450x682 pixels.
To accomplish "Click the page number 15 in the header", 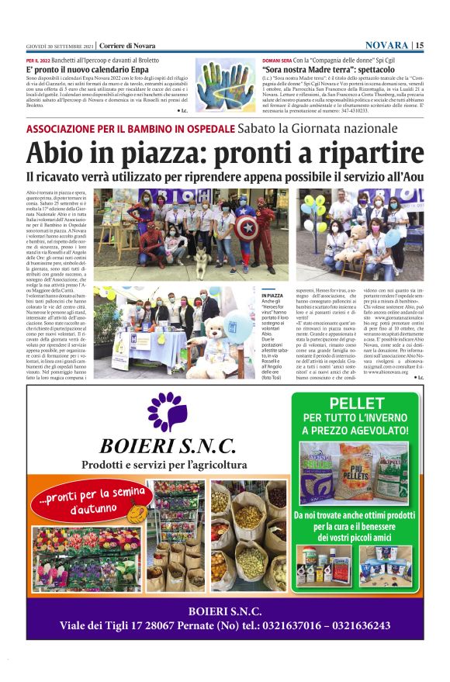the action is (x=419, y=46).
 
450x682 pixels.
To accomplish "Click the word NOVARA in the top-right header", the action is (x=387, y=46).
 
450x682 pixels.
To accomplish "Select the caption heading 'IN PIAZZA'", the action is (x=273, y=296).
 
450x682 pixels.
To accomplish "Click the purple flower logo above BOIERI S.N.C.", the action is (x=167, y=410).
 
